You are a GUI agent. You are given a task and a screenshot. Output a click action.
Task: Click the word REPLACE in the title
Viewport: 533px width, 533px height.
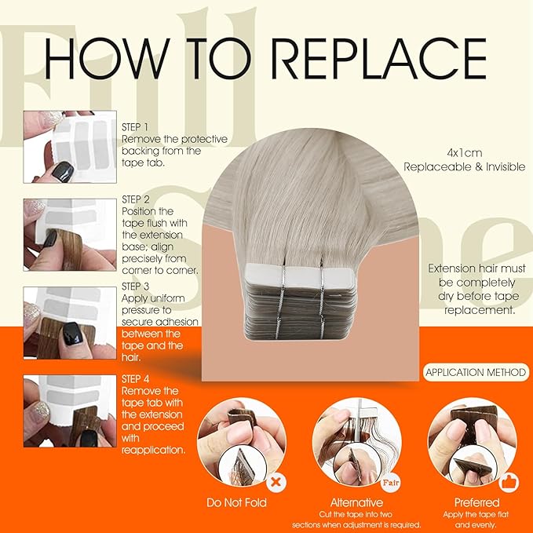(x=379, y=58)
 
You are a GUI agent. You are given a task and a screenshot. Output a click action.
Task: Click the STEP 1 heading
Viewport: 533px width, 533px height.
(x=135, y=127)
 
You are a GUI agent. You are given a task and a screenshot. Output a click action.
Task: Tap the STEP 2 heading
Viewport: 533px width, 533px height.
(x=136, y=199)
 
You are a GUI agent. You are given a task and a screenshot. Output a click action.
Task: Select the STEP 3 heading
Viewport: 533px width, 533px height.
(x=135, y=287)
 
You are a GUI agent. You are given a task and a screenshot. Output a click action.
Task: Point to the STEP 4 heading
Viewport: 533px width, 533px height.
(x=135, y=379)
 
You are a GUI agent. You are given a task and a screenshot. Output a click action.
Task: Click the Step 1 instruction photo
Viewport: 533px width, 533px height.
(x=70, y=147)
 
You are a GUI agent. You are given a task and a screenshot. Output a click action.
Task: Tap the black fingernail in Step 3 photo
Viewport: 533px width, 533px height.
(x=73, y=334)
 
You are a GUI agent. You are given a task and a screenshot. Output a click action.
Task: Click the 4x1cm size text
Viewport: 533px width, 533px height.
(x=465, y=153)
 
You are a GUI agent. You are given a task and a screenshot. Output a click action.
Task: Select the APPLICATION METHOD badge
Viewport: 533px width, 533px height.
(x=476, y=372)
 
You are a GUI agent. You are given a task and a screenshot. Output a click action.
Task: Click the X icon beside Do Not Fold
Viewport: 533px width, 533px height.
(x=276, y=482)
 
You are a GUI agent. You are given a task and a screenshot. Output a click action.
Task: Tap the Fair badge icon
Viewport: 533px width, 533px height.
(x=391, y=482)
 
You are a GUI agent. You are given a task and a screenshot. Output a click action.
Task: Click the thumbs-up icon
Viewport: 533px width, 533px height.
(x=509, y=482)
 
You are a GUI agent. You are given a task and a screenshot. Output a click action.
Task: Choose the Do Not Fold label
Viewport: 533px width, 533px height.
(x=236, y=502)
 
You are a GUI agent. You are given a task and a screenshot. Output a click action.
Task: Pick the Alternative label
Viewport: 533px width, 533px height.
(x=356, y=502)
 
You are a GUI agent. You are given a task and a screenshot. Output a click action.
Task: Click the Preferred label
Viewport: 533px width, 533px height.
(x=477, y=502)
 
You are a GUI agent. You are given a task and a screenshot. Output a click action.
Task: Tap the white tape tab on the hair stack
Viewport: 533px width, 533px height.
(x=300, y=277)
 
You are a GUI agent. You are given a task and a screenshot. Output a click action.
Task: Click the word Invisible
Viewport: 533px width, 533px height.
(x=506, y=167)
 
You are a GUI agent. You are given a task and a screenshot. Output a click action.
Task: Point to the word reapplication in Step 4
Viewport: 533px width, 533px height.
(x=154, y=450)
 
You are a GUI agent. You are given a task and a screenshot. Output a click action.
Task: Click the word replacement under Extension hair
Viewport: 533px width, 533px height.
(x=480, y=310)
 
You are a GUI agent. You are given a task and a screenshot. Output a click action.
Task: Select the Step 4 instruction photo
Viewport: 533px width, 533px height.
(x=70, y=411)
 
